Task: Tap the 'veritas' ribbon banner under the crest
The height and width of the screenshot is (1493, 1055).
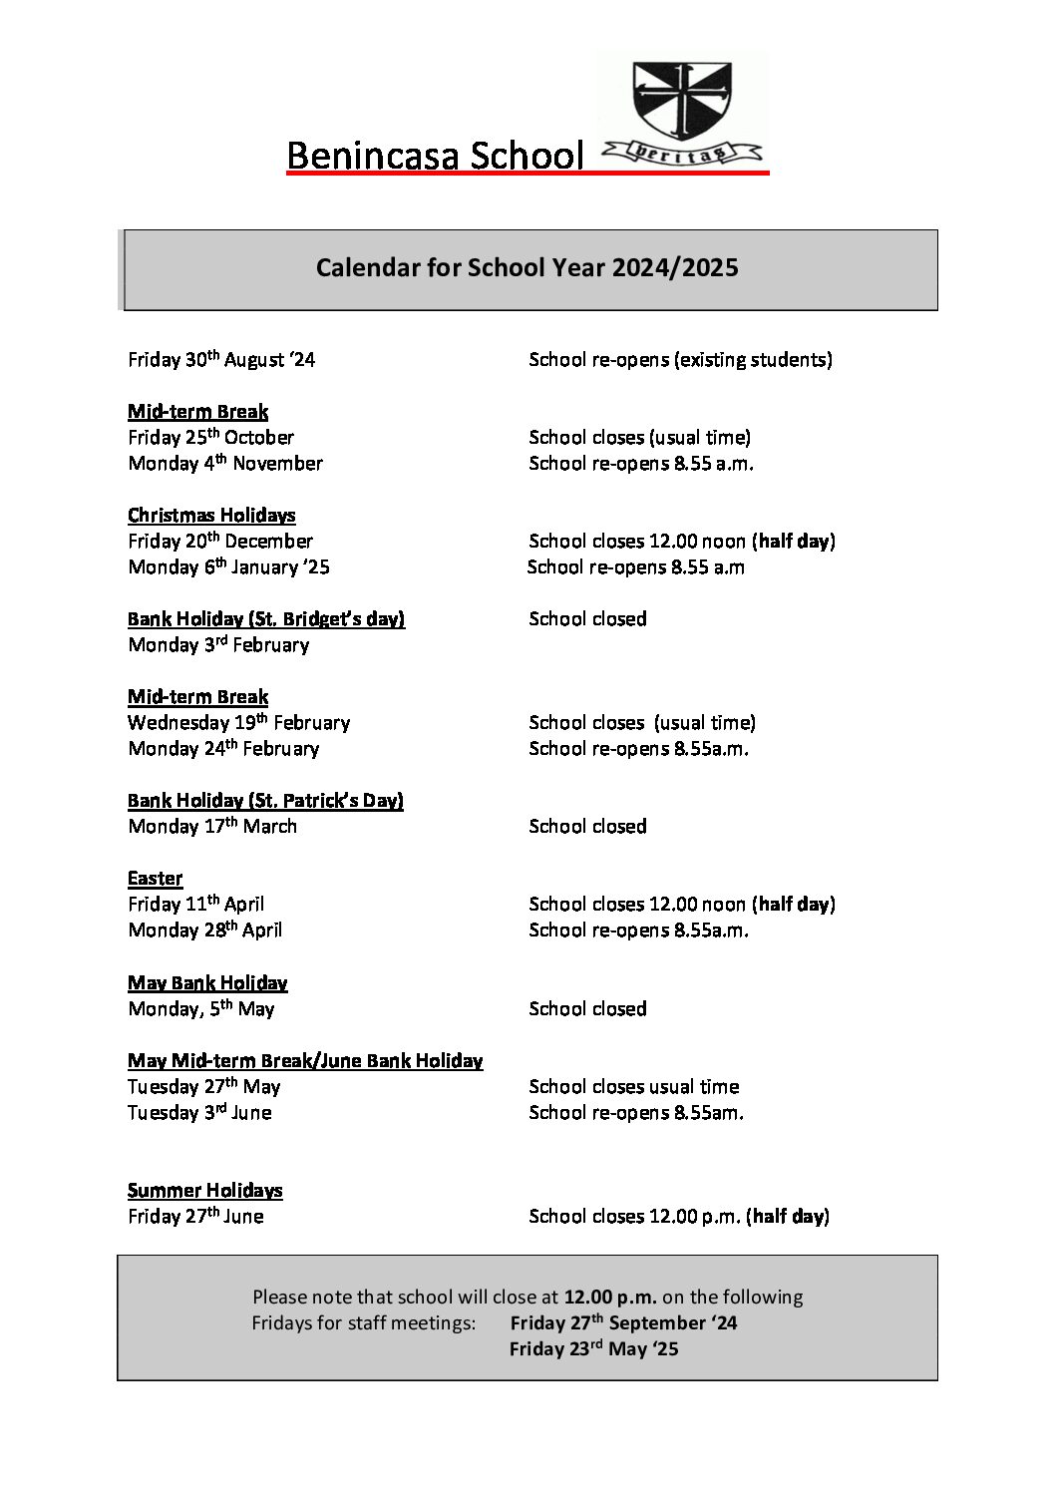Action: [683, 153]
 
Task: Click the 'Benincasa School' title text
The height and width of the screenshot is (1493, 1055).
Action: [435, 156]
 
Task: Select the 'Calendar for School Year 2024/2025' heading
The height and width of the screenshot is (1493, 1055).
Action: [527, 267]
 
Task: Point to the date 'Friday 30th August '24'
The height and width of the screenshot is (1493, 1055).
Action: [221, 359]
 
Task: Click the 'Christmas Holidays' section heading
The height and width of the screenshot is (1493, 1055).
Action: [211, 516]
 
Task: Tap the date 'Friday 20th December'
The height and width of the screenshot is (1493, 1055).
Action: [220, 542]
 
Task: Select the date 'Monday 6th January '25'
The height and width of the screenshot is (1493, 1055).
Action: [228, 567]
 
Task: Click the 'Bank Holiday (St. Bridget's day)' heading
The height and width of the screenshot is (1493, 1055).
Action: [266, 619]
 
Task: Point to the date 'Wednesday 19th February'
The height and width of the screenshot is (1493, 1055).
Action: [238, 723]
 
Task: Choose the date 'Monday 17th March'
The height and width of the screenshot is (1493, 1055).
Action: [212, 827]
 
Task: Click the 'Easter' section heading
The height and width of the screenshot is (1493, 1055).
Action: [155, 879]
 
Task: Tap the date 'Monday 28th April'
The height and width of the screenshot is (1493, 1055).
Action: [204, 931]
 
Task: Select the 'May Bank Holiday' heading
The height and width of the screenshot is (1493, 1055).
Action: [207, 983]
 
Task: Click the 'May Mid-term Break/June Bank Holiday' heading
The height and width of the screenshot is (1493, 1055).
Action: [305, 1061]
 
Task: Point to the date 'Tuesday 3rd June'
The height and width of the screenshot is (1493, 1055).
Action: [199, 1113]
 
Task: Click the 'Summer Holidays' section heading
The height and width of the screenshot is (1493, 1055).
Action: [204, 1191]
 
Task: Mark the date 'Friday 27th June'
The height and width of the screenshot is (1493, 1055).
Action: [195, 1217]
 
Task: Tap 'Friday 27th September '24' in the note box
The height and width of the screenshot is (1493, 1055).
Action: [623, 1323]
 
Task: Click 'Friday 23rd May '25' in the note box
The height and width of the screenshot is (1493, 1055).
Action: [593, 1349]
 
